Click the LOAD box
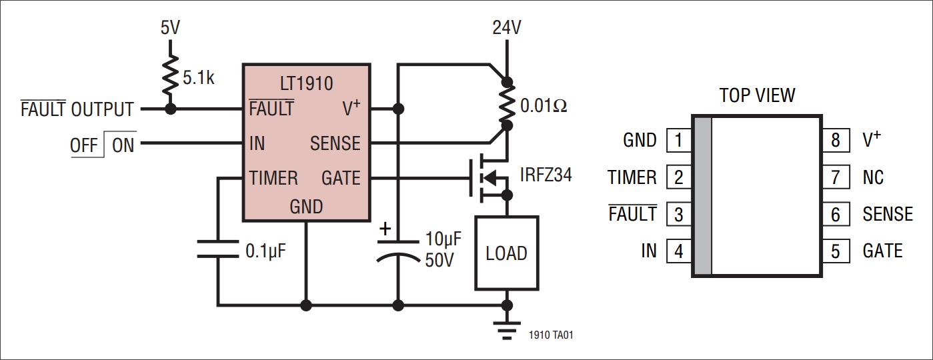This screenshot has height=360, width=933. (506, 253)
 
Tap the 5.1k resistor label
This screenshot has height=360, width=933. (199, 79)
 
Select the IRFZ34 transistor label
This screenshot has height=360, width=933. (546, 176)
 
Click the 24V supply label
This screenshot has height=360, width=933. (507, 28)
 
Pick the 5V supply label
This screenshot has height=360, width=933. (170, 28)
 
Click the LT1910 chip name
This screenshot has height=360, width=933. (307, 84)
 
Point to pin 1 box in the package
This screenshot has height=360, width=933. (678, 141)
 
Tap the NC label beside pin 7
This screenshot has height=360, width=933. (873, 177)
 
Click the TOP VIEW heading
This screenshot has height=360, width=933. (757, 95)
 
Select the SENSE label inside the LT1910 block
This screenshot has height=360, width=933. (335, 143)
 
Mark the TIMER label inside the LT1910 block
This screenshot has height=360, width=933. (273, 178)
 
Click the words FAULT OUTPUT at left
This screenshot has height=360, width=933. (77, 109)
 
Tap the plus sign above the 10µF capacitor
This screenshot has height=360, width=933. (385, 229)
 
